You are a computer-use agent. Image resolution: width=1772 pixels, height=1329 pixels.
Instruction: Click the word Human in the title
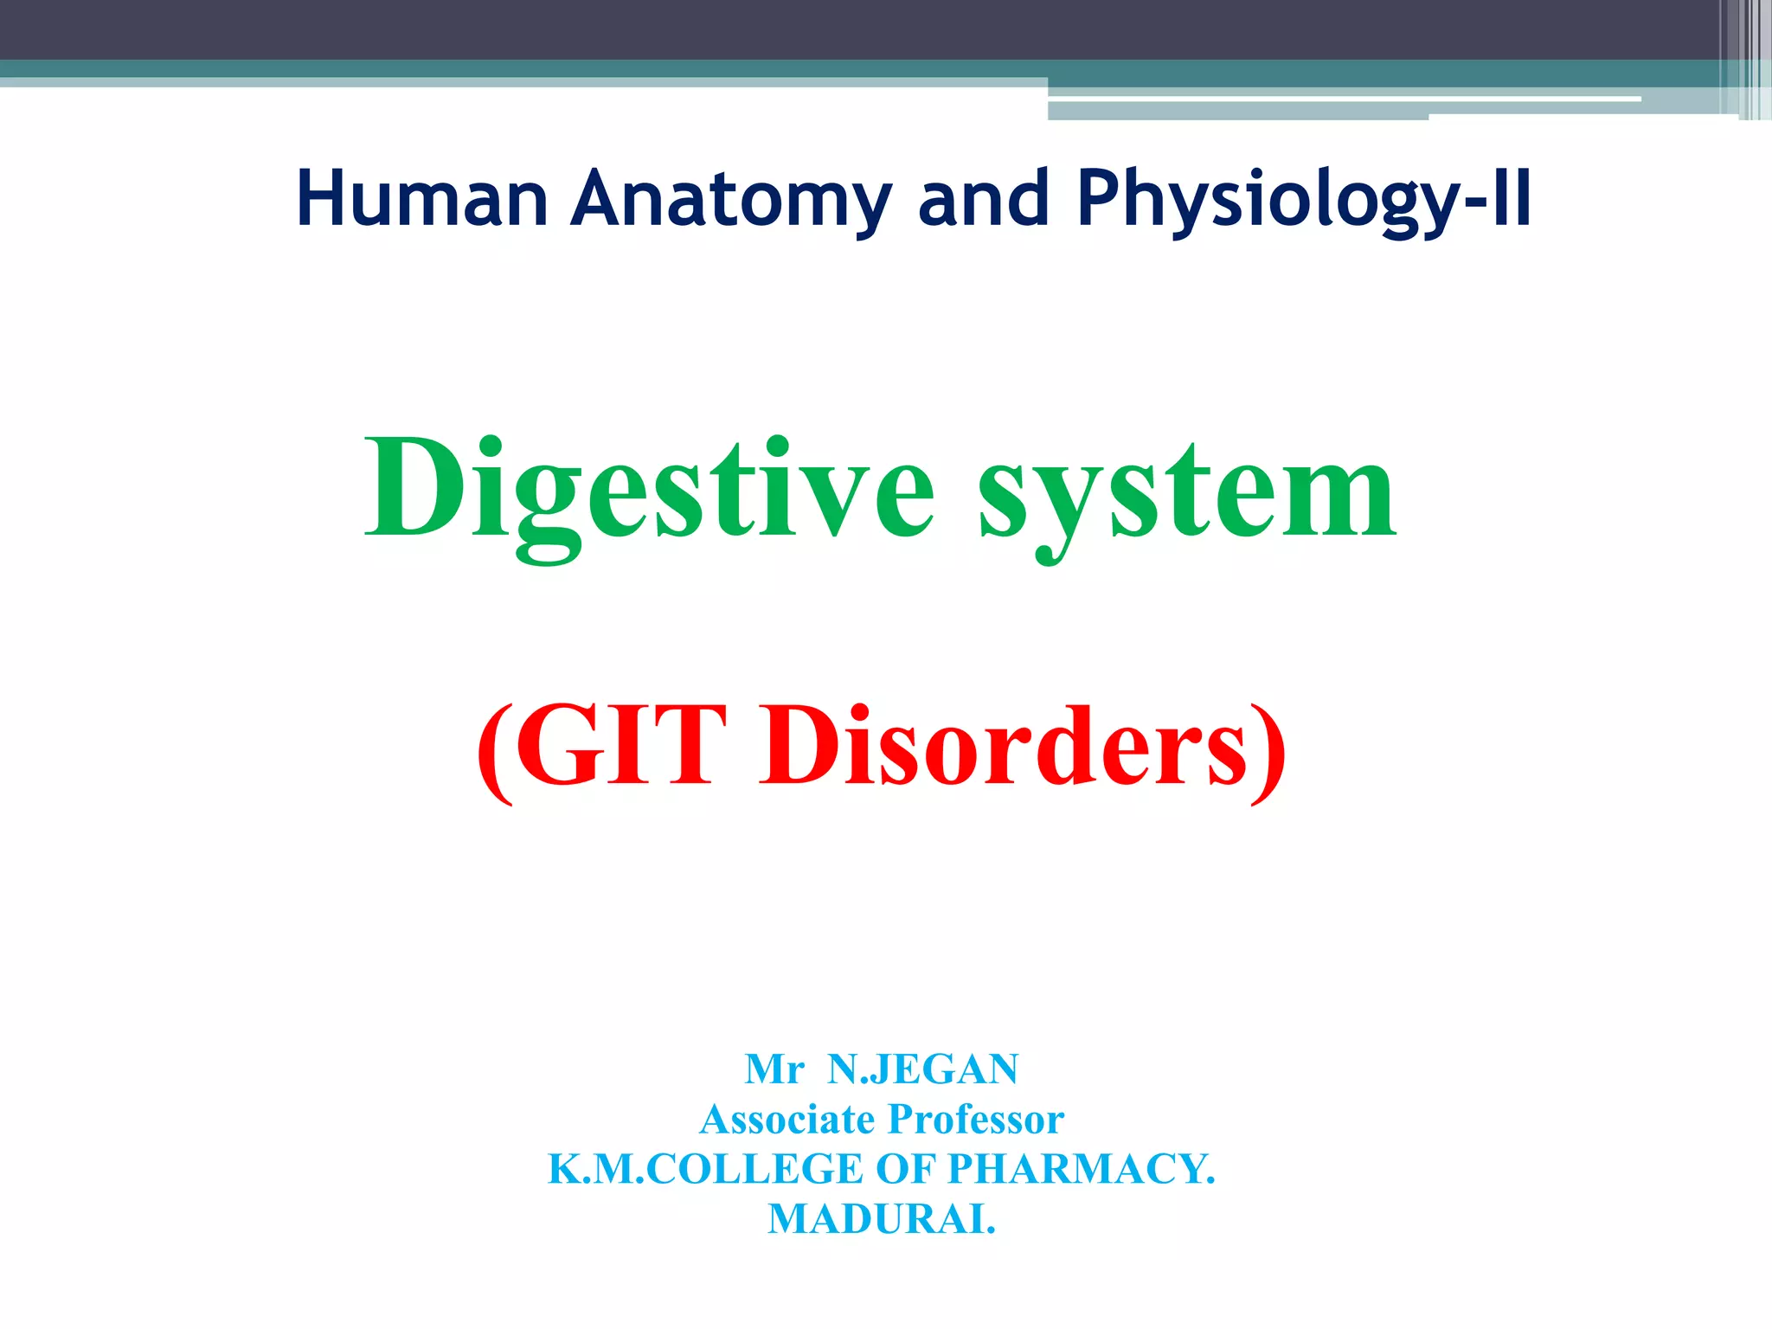[422, 199]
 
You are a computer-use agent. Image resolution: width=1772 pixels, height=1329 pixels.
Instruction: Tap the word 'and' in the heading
[984, 199]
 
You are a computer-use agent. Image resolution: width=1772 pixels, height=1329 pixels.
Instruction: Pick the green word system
[1187, 493]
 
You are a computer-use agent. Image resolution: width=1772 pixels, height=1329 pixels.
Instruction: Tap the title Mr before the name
[774, 1069]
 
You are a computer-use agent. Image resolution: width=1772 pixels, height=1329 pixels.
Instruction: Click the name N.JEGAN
[923, 1069]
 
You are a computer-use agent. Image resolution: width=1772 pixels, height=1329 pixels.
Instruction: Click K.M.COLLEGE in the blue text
[706, 1169]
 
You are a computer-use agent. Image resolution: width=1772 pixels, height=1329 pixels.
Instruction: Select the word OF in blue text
[906, 1169]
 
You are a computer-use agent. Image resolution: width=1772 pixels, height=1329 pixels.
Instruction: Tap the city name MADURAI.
[882, 1219]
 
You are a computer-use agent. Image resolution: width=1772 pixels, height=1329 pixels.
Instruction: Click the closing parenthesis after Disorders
[1268, 749]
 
